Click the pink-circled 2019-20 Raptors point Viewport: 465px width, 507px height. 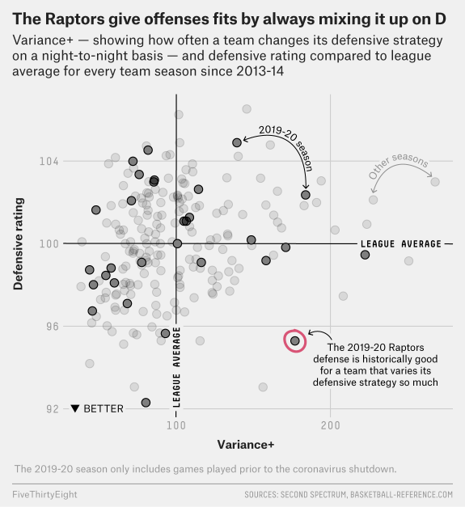click(295, 341)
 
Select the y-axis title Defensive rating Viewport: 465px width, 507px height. click(17, 243)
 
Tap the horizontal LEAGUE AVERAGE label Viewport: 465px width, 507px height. click(401, 243)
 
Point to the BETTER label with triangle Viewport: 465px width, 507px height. click(97, 409)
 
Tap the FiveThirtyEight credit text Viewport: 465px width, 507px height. click(45, 493)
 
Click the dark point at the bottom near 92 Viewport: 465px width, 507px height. click(146, 403)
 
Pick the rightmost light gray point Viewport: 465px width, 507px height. click(435, 182)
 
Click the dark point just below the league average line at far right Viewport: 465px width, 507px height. click(365, 255)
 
